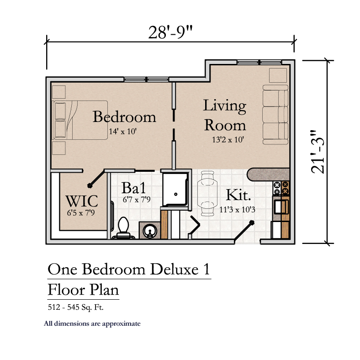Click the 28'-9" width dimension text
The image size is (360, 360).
(170, 32)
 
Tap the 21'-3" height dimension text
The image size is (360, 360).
(318, 152)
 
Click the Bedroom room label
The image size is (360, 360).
(124, 116)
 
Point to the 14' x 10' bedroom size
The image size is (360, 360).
(122, 131)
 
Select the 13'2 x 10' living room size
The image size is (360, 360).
(228, 139)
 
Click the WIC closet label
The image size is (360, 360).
(82, 201)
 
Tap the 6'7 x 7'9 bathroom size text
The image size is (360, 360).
(137, 199)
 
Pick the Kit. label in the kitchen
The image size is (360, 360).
(238, 195)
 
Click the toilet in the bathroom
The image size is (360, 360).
(123, 228)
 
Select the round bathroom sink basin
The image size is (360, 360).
(150, 231)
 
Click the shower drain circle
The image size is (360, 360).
(176, 194)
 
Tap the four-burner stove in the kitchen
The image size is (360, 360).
(281, 188)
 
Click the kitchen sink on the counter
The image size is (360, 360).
(281, 207)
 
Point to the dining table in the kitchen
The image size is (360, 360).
(207, 193)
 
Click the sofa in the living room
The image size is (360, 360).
(275, 115)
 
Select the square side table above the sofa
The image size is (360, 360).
(278, 75)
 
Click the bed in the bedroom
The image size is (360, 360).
(80, 120)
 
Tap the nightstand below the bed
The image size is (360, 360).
(59, 148)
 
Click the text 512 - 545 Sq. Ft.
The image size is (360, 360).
(75, 307)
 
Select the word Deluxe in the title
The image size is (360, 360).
(174, 269)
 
